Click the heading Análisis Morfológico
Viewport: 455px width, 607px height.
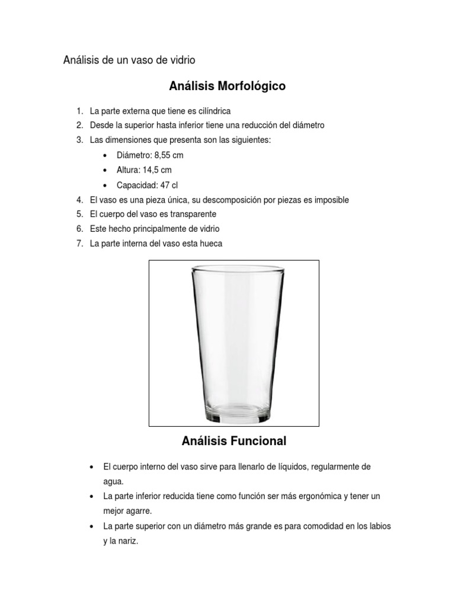tap(227, 87)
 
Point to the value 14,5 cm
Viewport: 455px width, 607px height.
tap(158, 170)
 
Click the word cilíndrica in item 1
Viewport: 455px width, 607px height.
tap(211, 111)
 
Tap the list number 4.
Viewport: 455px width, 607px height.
tap(79, 200)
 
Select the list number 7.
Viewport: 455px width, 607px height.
tap(79, 244)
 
